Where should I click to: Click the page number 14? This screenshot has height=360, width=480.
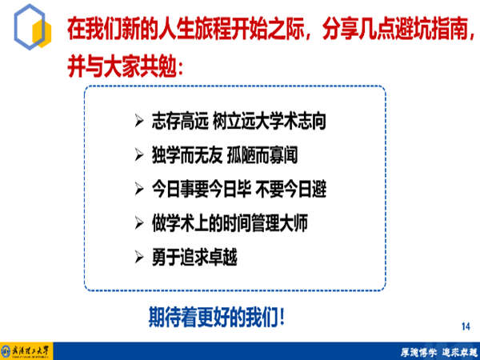pyautogui.click(x=466, y=326)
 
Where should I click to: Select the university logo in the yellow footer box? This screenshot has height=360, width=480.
pyautogui.click(x=26, y=351)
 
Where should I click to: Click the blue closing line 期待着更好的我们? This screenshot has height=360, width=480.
pyautogui.click(x=217, y=317)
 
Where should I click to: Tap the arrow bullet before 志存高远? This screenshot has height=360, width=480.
pyautogui.click(x=138, y=121)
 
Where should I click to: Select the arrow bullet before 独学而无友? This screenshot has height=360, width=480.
pyautogui.click(x=138, y=154)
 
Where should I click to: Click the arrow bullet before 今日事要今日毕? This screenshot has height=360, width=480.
pyautogui.click(x=138, y=189)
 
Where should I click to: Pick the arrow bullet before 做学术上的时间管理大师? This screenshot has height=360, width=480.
pyautogui.click(x=138, y=223)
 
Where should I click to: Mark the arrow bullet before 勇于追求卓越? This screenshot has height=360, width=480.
pyautogui.click(x=138, y=257)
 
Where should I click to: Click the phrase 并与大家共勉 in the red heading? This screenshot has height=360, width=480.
pyautogui.click(x=122, y=66)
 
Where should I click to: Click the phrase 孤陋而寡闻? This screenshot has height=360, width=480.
pyautogui.click(x=262, y=155)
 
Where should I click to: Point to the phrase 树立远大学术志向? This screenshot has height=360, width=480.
pyautogui.click(x=269, y=121)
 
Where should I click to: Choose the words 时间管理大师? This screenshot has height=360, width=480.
pyautogui.click(x=265, y=223)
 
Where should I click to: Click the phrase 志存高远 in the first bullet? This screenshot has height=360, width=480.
pyautogui.click(x=180, y=121)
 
